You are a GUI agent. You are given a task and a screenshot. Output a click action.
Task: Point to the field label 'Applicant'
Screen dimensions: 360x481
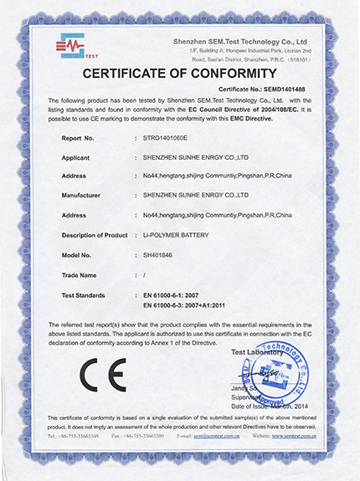pyautogui.click(x=81, y=155)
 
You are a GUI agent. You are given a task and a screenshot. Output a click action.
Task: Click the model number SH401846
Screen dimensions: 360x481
pyautogui.click(x=161, y=254)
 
